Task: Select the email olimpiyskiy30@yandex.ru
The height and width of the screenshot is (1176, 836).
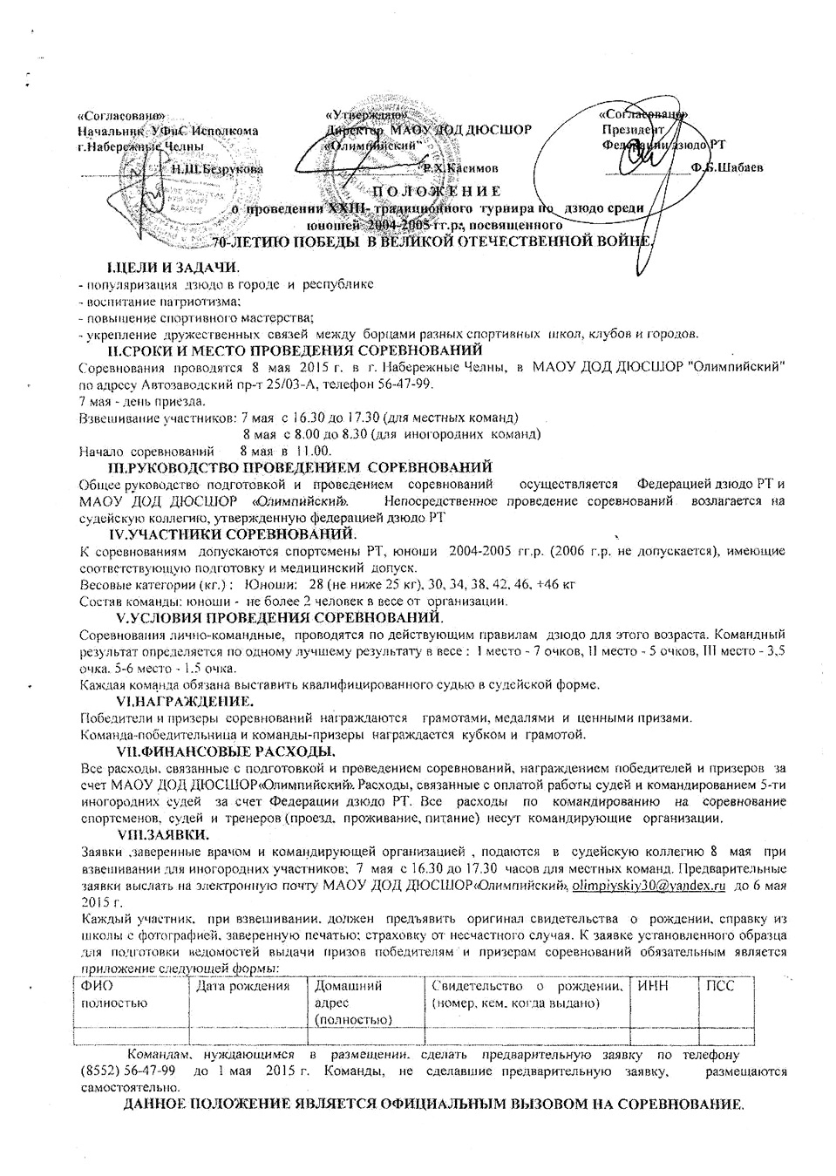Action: coord(649,886)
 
